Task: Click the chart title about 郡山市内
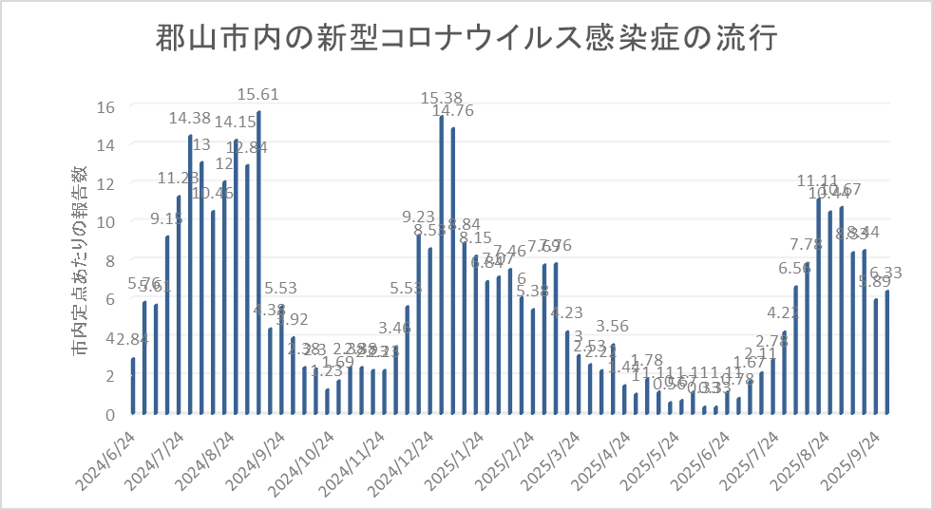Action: [466, 41]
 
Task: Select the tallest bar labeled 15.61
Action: [258, 262]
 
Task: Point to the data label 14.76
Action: [453, 111]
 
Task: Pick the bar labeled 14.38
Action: [190, 274]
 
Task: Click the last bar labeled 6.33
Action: [887, 352]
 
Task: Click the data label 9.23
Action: [420, 217]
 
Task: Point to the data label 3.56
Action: [614, 328]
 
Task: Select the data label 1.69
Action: [338, 362]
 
